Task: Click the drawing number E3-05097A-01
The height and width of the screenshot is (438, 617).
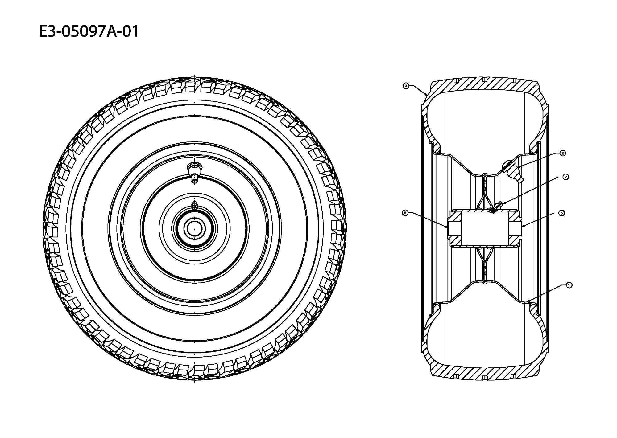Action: pyautogui.click(x=89, y=32)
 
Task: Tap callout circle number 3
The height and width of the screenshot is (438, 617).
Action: pyautogui.click(x=406, y=86)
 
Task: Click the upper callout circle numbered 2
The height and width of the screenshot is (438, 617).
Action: pyautogui.click(x=563, y=153)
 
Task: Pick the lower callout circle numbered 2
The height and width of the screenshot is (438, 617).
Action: pyautogui.click(x=565, y=177)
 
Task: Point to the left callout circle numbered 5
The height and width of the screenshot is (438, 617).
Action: pyautogui.click(x=405, y=212)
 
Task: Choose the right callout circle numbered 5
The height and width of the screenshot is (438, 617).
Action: pyautogui.click(x=561, y=213)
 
